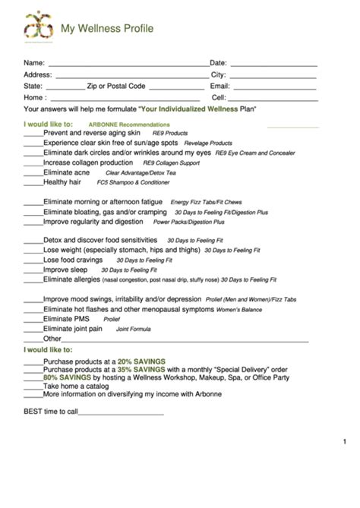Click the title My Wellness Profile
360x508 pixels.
coord(107,29)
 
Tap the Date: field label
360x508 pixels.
coord(218,63)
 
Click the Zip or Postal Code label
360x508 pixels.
coord(115,87)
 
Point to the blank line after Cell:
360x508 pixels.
coord(273,99)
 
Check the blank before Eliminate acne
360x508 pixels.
coord(33,173)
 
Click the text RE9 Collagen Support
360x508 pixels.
coord(171,162)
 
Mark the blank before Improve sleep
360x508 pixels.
coord(33,270)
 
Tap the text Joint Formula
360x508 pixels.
coord(133,330)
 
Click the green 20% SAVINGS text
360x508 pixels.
coord(142,361)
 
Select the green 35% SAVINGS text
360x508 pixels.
coord(142,370)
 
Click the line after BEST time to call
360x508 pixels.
coord(122,414)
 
